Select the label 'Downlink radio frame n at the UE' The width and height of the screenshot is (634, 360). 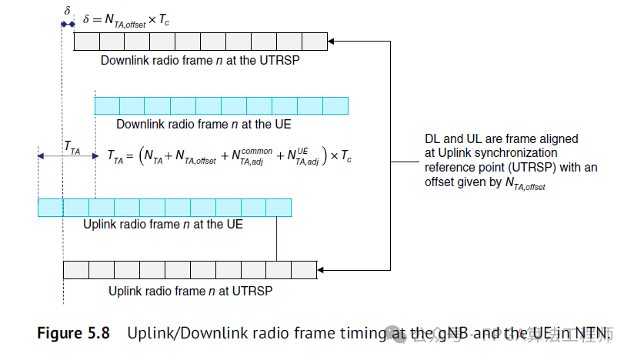tap(203, 124)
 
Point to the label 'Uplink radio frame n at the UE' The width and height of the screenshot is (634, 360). tap(162, 225)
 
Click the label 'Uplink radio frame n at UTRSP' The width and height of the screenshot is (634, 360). tap(190, 291)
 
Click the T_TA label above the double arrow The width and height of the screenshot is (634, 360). tap(72, 147)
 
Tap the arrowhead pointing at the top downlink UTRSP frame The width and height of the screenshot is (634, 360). tap(332, 42)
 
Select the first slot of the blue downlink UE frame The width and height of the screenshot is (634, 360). tap(106, 105)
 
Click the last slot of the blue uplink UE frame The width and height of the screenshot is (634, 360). tap(279, 207)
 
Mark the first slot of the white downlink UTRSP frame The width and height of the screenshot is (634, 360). tap(86, 42)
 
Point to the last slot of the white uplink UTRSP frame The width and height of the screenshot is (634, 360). tap(304, 269)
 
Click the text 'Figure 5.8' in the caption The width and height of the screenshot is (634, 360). tap(73, 333)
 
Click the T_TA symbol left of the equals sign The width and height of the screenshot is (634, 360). tap(115, 157)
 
